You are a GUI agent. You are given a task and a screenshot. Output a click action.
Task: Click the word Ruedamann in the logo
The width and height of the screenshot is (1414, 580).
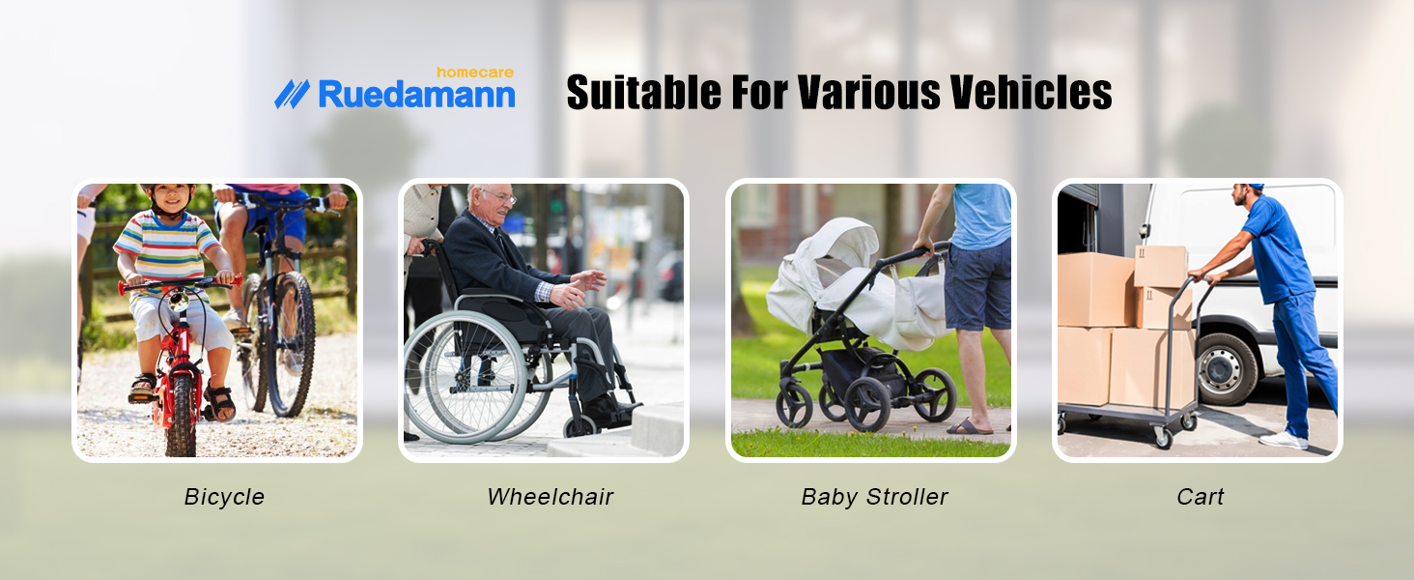tap(416, 95)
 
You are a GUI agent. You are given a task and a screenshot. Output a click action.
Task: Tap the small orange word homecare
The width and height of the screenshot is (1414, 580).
tap(474, 72)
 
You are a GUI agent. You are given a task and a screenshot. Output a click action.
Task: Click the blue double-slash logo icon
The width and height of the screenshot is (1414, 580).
tap(292, 94)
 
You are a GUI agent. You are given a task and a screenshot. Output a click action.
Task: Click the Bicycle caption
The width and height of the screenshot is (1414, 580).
tap(224, 497)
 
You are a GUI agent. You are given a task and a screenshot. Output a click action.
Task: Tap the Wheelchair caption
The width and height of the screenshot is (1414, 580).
tap(550, 497)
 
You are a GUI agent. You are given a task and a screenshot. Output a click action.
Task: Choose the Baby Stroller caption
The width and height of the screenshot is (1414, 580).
tap(874, 497)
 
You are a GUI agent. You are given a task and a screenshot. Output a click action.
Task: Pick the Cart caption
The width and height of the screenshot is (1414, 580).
tap(1200, 497)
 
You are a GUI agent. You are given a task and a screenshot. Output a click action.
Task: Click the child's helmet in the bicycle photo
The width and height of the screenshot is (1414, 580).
tap(167, 190)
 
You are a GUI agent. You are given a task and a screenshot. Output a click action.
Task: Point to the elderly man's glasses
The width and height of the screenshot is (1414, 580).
tap(500, 198)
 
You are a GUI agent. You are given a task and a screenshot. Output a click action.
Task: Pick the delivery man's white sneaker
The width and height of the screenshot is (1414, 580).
tap(1284, 440)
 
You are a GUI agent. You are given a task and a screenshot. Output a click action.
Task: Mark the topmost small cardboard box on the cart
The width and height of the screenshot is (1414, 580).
tap(1160, 266)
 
